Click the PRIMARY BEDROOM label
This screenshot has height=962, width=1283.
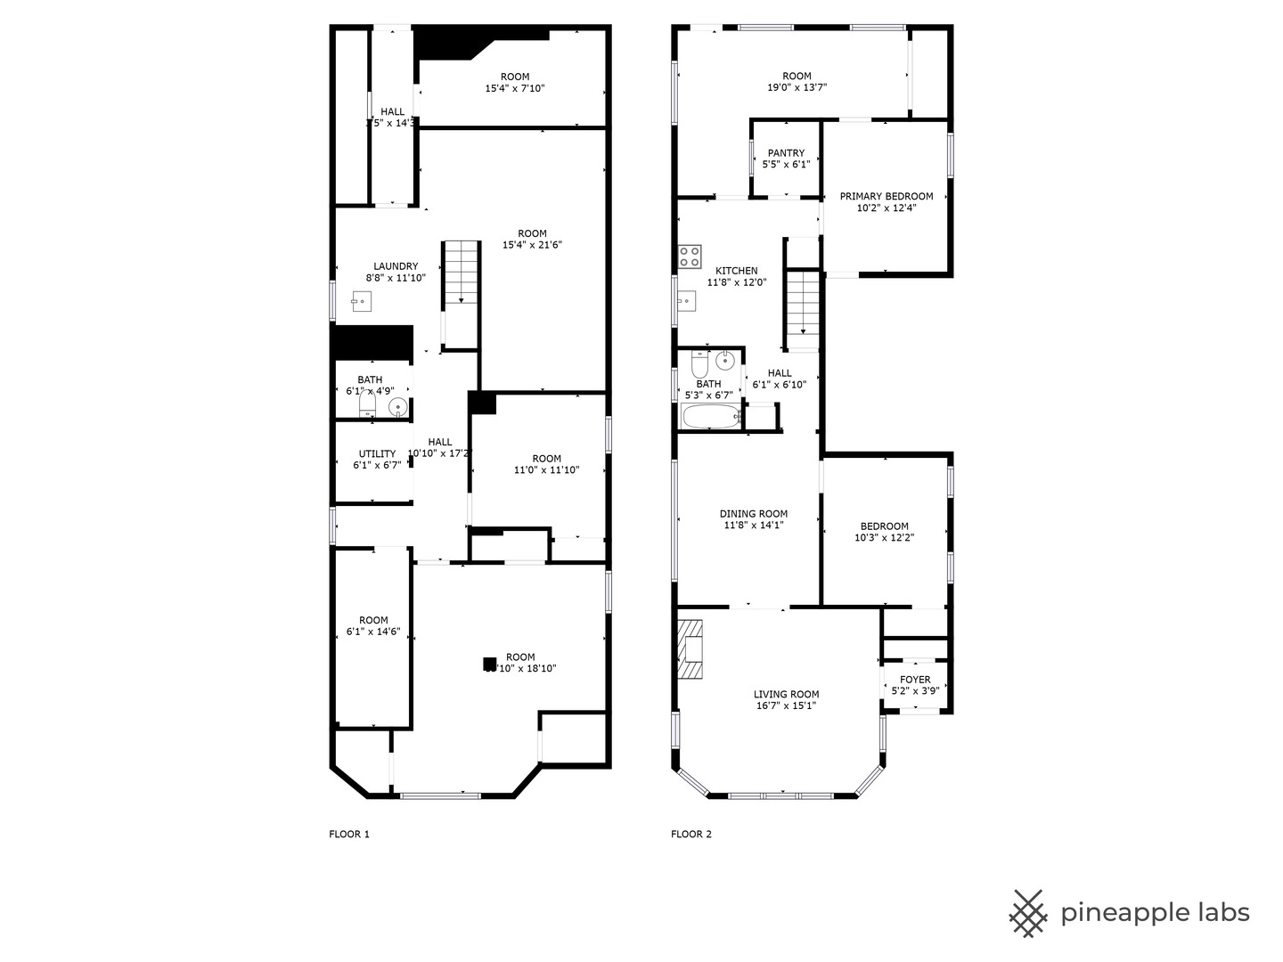point(886,197)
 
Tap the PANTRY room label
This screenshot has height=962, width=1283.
point(785,153)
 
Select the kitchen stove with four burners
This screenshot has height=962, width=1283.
point(690,257)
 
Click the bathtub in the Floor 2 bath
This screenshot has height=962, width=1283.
point(711,416)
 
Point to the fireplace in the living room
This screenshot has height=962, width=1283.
point(690,649)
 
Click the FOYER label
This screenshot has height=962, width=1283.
point(915,680)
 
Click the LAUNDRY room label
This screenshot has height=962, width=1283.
point(396,266)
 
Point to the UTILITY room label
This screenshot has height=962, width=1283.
point(377,454)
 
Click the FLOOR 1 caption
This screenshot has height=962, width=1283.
point(349,835)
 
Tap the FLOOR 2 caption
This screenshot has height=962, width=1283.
point(691,835)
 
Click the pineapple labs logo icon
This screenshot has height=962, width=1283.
point(1027,913)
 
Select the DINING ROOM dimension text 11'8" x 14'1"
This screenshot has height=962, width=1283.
point(754,526)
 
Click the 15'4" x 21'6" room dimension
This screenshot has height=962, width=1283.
point(532,245)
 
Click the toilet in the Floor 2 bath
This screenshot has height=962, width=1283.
point(699,365)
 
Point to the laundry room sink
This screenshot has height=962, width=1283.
point(359,302)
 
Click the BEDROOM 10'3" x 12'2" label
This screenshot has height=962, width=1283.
point(884,526)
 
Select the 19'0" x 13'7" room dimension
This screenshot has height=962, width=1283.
point(797,88)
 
